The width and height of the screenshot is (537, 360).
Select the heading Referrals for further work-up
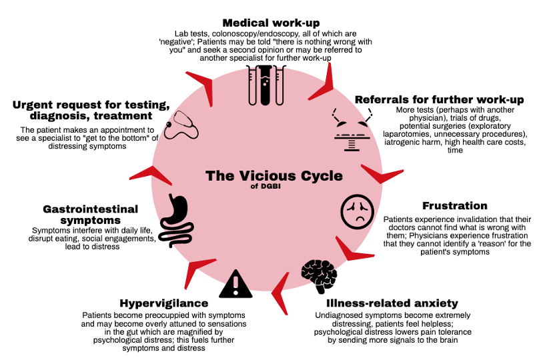439,99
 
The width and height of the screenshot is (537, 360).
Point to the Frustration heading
455,205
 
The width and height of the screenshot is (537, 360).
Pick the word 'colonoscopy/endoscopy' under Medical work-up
243,33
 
